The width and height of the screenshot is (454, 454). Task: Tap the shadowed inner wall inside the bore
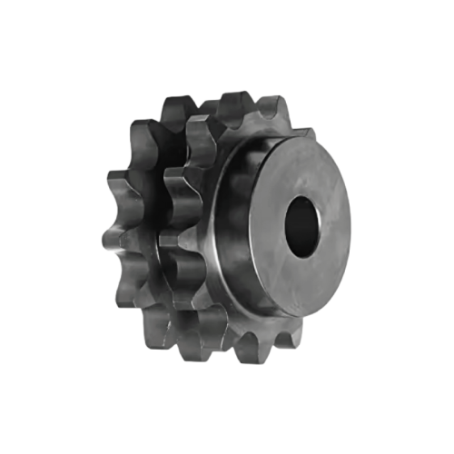pos(295,218)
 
